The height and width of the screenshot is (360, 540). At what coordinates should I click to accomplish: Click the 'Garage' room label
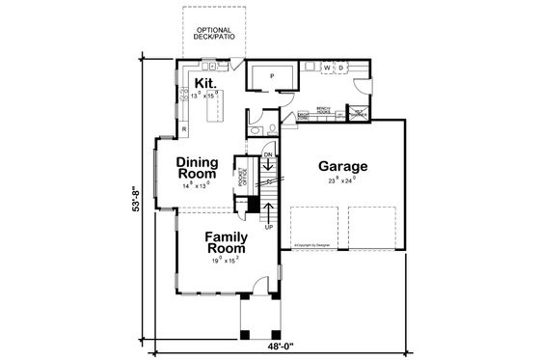(343, 165)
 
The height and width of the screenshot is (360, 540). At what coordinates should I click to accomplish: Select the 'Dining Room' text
(202, 168)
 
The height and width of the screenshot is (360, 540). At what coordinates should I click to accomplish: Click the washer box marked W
(327, 68)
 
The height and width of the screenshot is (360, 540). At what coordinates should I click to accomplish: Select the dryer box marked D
(339, 68)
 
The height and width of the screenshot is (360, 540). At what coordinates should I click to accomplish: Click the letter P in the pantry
(271, 74)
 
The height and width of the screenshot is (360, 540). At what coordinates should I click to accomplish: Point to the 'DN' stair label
(270, 153)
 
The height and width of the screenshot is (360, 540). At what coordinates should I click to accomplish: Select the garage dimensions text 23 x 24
(342, 180)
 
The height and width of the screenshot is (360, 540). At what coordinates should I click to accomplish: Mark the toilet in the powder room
(273, 128)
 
